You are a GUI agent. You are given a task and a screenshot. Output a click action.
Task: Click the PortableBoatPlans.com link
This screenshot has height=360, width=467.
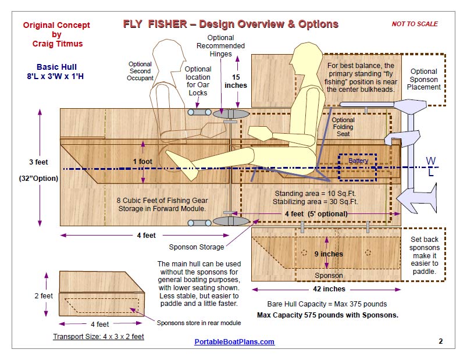pyautogui.click(x=234, y=342)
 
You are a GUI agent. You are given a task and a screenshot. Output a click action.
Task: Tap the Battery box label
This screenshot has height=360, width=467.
pyautogui.click(x=358, y=161)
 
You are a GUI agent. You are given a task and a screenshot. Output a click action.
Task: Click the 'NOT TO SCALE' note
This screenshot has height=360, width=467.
pyautogui.click(x=415, y=24)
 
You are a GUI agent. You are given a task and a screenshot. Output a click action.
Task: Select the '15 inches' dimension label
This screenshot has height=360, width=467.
pyautogui.click(x=235, y=81)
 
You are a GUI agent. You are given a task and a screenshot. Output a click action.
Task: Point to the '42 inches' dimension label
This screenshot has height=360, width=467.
pyautogui.click(x=329, y=289)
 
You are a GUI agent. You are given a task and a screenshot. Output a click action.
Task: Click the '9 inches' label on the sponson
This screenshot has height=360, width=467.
pyautogui.click(x=329, y=254)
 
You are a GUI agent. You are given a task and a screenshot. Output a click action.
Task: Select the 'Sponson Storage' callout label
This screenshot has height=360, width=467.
pyautogui.click(x=196, y=247)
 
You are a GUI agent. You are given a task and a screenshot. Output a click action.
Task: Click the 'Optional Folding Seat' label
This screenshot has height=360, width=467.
pyautogui.click(x=343, y=127)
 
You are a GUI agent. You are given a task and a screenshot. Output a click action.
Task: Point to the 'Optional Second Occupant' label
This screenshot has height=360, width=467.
pyautogui.click(x=140, y=71)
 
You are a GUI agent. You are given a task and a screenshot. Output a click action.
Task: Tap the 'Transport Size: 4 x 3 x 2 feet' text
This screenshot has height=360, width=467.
pyautogui.click(x=98, y=336)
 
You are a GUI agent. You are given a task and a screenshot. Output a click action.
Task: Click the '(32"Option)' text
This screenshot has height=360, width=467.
pyautogui.click(x=38, y=179)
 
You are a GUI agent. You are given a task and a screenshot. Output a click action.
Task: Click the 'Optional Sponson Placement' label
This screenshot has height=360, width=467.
pyautogui.click(x=424, y=80)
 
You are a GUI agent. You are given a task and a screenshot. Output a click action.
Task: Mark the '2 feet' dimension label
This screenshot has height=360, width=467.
pyautogui.click(x=43, y=295)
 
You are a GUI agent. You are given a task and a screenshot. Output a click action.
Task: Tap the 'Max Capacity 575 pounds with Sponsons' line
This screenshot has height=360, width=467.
pyautogui.click(x=320, y=315)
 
